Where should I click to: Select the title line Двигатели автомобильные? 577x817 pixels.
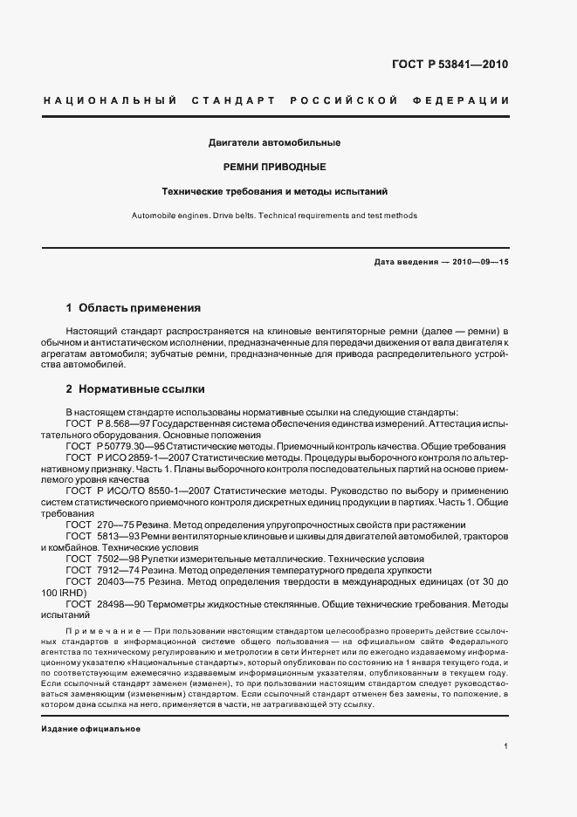[274, 142]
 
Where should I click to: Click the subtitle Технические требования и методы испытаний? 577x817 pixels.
[274, 190]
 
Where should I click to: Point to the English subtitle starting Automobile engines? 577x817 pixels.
[274, 215]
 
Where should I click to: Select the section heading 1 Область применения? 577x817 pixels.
[134, 308]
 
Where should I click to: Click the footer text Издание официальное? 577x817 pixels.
[91, 729]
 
